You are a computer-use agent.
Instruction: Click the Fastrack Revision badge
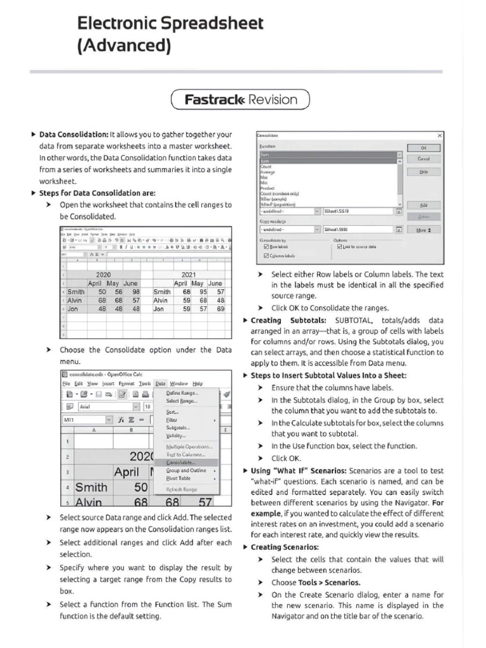click(240, 99)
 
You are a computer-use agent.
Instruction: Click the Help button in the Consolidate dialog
click(423, 171)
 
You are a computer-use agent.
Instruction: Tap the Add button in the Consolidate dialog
click(423, 205)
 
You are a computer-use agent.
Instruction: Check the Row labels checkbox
click(266, 247)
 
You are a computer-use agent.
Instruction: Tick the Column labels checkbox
click(266, 256)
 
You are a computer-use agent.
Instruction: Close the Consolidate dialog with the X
click(439, 135)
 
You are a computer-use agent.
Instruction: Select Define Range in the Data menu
click(182, 392)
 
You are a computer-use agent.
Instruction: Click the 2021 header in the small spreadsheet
click(189, 275)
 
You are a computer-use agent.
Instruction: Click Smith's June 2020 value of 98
click(135, 292)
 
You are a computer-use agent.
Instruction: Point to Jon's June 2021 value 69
click(220, 309)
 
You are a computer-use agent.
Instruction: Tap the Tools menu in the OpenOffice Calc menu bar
click(145, 383)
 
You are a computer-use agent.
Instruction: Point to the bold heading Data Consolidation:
click(73, 135)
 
